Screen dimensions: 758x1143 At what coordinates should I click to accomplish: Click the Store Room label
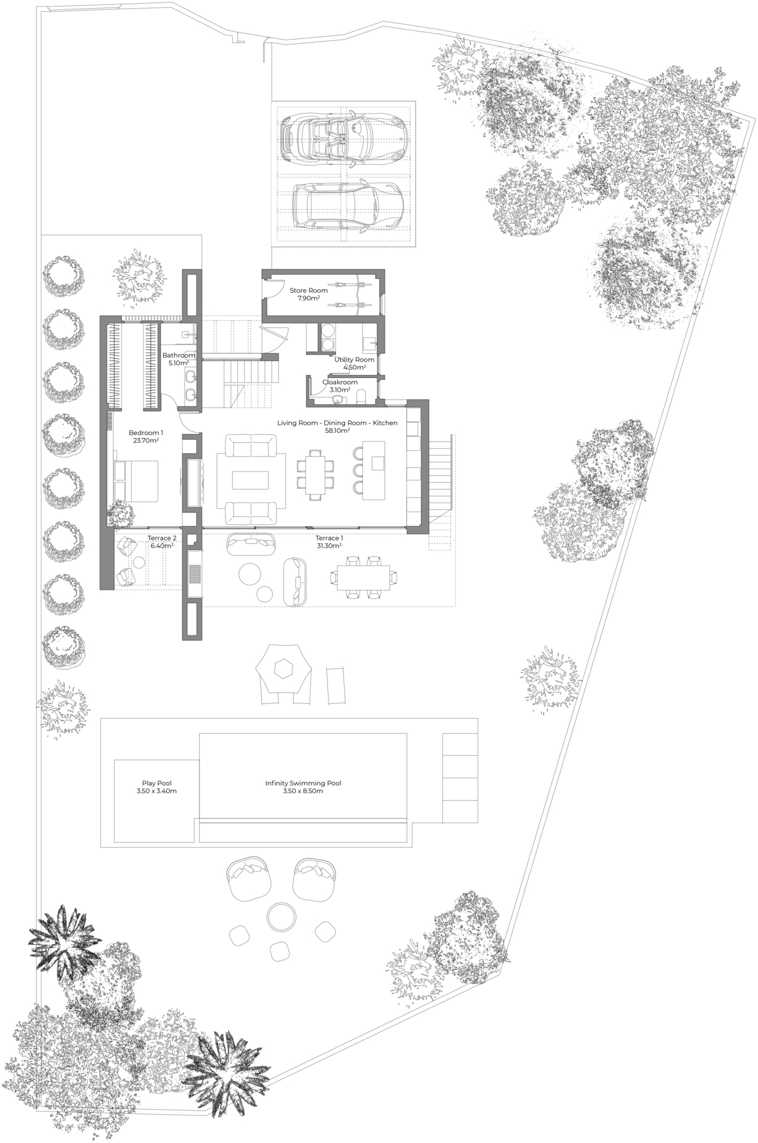pyautogui.click(x=309, y=290)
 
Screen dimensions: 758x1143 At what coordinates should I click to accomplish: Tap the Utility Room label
pyautogui.click(x=355, y=359)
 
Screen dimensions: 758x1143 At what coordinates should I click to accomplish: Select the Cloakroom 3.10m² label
pyautogui.click(x=340, y=386)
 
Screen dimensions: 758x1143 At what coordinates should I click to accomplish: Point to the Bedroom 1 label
pyautogui.click(x=146, y=432)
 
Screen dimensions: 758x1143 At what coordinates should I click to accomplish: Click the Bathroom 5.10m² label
pyautogui.click(x=179, y=359)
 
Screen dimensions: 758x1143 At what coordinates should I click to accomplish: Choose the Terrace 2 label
pyautogui.click(x=162, y=538)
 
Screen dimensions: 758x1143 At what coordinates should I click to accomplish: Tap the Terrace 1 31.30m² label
pyautogui.click(x=329, y=542)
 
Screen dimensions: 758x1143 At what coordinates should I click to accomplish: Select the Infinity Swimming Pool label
pyautogui.click(x=303, y=783)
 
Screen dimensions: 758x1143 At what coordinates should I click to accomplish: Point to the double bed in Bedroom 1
pyautogui.click(x=137, y=481)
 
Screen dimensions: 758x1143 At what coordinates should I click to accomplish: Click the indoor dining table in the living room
pyautogui.click(x=314, y=474)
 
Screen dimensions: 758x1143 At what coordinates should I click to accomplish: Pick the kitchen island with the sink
pyautogui.click(x=374, y=470)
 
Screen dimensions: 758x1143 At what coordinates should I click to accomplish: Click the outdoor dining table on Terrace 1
pyautogui.click(x=363, y=577)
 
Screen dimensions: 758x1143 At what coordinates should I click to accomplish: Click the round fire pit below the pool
pyautogui.click(x=281, y=916)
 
